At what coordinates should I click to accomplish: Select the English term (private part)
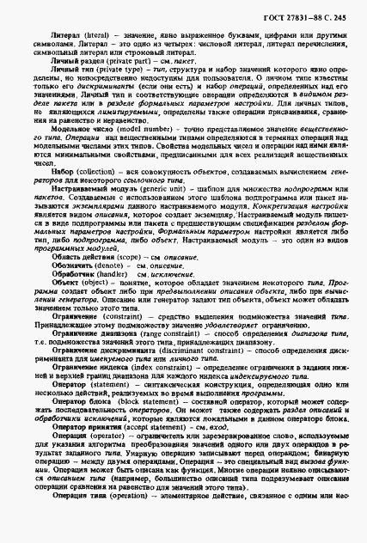click(125, 63)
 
